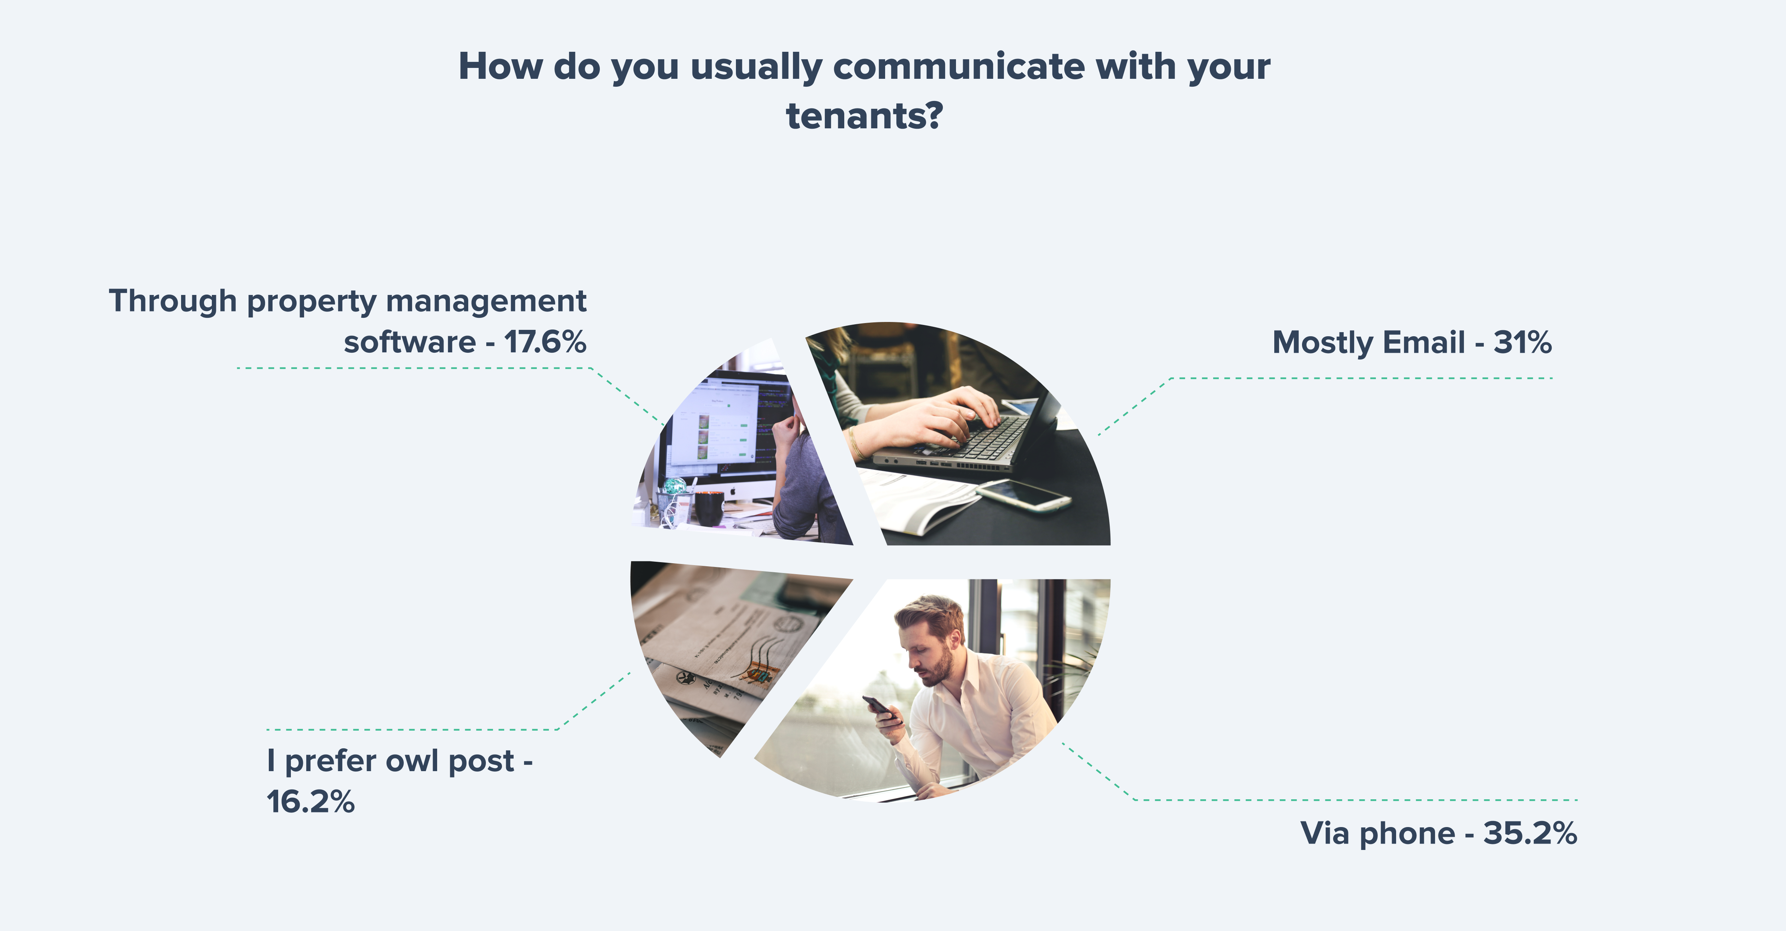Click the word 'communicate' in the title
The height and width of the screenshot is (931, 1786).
point(959,67)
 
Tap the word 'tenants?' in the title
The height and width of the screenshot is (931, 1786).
point(865,116)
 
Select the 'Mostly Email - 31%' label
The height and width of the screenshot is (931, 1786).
point(1411,343)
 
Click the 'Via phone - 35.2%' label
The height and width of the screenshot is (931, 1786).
point(1438,833)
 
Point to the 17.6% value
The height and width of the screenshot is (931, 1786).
point(545,342)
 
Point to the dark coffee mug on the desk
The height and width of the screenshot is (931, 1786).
point(709,508)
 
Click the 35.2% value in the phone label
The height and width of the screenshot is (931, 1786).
point(1530,833)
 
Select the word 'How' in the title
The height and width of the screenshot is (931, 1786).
point(501,67)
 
